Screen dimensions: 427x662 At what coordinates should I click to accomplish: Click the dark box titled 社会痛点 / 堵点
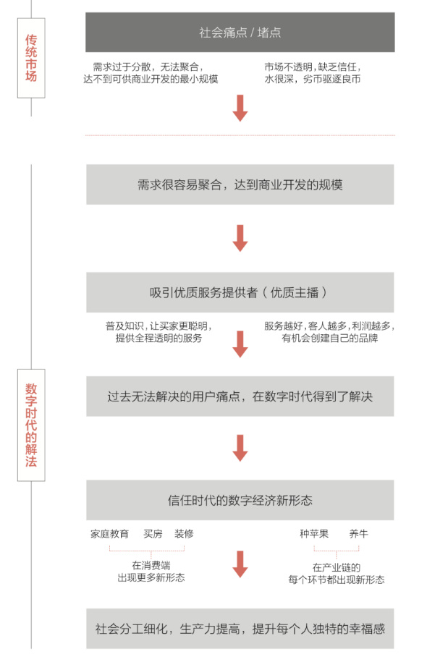(x=240, y=32)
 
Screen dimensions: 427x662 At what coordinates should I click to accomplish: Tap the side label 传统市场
(x=31, y=58)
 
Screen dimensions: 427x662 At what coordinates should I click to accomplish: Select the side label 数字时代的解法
(x=31, y=425)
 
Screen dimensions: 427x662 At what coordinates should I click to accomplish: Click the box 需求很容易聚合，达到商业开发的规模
(x=240, y=184)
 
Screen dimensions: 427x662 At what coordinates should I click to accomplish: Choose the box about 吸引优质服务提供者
(x=240, y=292)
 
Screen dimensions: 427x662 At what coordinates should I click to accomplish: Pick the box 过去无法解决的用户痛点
(x=240, y=396)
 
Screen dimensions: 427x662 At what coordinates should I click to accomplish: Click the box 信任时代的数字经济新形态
(x=240, y=501)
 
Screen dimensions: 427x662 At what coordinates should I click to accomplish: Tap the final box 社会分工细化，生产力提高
(x=240, y=629)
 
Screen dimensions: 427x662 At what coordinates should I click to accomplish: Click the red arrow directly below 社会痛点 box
(x=240, y=108)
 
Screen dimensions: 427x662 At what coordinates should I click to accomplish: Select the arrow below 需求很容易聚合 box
(x=240, y=238)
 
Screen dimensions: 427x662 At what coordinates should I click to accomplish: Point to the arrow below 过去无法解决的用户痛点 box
(x=240, y=448)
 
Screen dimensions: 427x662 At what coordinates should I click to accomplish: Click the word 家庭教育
(x=109, y=534)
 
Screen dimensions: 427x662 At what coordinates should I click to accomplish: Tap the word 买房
(x=153, y=534)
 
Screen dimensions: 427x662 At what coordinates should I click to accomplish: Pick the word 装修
(x=184, y=534)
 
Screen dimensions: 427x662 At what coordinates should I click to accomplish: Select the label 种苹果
(x=314, y=534)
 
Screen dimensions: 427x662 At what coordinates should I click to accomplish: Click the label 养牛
(x=358, y=534)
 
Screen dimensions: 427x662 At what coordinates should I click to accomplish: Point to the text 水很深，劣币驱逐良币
(x=313, y=79)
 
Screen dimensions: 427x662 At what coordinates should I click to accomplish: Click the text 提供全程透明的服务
(x=158, y=338)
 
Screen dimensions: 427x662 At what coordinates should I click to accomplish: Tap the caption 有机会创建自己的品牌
(x=330, y=338)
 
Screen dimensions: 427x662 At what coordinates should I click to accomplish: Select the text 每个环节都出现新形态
(x=337, y=580)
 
